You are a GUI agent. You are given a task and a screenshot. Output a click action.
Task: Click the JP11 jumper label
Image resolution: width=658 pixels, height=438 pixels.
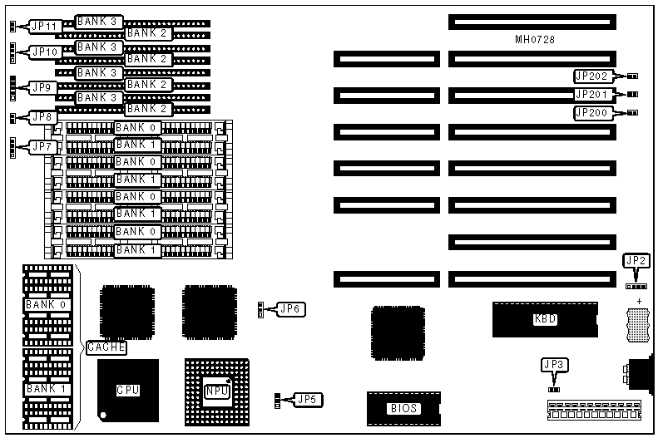[x=44, y=26]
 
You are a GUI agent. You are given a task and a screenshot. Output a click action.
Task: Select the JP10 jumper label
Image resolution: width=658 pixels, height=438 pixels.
[x=44, y=52]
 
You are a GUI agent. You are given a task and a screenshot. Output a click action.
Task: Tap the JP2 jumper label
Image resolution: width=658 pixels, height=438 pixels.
[x=635, y=261]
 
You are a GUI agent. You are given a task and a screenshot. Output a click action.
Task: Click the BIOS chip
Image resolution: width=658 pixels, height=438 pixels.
[x=403, y=408]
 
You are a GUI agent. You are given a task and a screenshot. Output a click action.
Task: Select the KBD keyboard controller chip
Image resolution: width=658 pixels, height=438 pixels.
[x=545, y=320]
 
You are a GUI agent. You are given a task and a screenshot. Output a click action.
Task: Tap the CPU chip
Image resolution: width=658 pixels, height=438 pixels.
[x=127, y=389]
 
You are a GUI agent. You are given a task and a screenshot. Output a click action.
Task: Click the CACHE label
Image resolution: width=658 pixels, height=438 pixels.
[x=106, y=347]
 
